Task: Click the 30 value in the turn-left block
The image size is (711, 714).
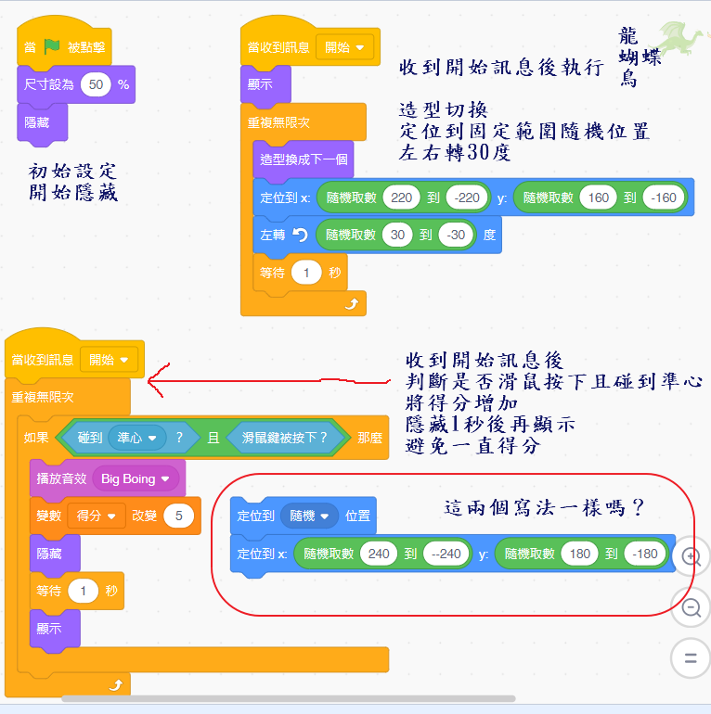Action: [x=397, y=235]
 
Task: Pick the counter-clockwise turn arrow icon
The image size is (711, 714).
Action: [x=299, y=235]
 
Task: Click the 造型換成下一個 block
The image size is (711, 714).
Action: [x=303, y=159]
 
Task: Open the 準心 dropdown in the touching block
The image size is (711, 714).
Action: [x=136, y=437]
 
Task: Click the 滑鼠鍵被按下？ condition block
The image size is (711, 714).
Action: [x=285, y=437]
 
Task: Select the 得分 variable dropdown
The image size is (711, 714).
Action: [x=96, y=516]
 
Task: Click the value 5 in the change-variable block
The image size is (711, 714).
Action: [x=177, y=516]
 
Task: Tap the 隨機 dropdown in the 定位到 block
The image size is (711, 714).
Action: [x=309, y=516]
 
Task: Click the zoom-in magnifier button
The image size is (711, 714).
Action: [x=691, y=556]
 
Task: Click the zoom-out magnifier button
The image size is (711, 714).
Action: [x=691, y=607]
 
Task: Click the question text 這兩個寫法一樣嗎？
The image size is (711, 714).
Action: [x=545, y=509]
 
